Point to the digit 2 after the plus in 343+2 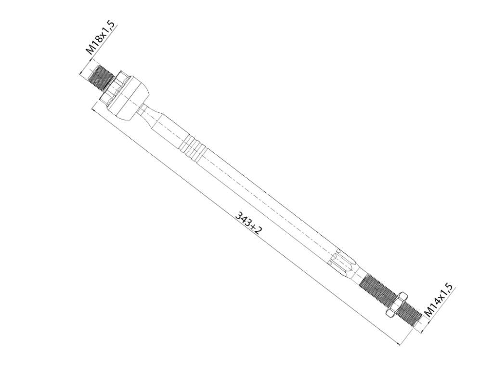[x=258, y=230]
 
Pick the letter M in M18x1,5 [x=91, y=49]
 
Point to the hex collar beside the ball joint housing [x=114, y=87]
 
